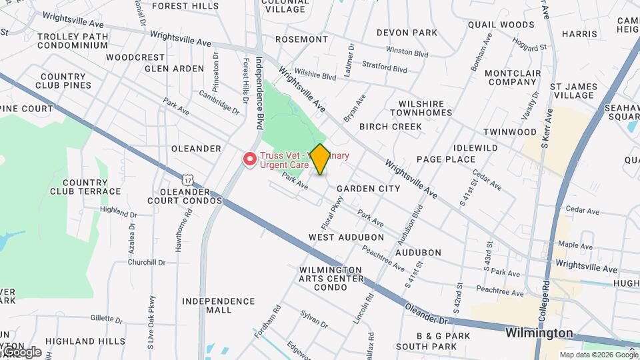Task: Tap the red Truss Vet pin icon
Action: tap(250, 159)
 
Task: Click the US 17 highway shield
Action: tap(189, 179)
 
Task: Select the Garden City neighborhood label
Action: tap(368, 189)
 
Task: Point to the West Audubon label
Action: tap(346, 237)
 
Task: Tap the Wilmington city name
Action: tap(539, 333)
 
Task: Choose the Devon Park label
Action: tap(407, 33)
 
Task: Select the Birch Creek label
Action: tap(390, 127)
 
